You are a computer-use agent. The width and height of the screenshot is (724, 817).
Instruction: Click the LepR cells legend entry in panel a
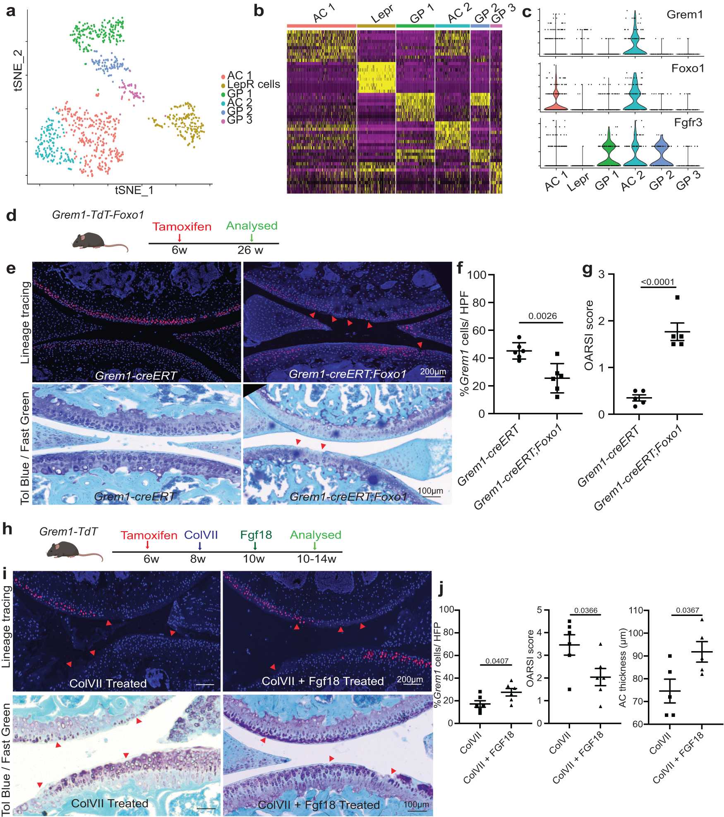[x=253, y=84]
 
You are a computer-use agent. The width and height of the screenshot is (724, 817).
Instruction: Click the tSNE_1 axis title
[x=134, y=190]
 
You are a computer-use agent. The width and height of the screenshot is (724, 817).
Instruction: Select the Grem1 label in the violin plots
[x=685, y=15]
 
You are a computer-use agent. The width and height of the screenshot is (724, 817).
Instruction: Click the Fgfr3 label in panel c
[x=688, y=122]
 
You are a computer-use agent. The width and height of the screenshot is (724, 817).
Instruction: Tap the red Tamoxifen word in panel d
[x=182, y=227]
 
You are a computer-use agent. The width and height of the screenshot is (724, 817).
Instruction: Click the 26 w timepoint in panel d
[x=250, y=250]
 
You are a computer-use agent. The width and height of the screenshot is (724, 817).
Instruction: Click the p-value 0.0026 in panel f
[x=542, y=316]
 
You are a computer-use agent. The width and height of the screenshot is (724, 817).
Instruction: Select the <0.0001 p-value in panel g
[x=657, y=282]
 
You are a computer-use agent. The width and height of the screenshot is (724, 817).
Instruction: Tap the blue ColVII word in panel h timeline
[x=201, y=535]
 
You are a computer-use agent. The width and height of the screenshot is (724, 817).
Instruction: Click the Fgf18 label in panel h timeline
[x=256, y=535]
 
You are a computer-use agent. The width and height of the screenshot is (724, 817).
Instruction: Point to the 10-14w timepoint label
[x=316, y=559]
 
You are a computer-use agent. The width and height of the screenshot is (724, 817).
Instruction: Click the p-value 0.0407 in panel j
[x=496, y=661]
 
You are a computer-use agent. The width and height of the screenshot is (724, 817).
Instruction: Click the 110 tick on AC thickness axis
[x=635, y=610]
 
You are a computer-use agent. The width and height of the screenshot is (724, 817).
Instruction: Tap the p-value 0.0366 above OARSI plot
[x=585, y=611]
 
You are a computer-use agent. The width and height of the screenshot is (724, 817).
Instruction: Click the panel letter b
[x=259, y=11]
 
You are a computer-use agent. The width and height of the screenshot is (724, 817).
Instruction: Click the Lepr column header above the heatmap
[x=381, y=15]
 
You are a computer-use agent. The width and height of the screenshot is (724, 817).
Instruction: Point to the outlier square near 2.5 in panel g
[x=677, y=297]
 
